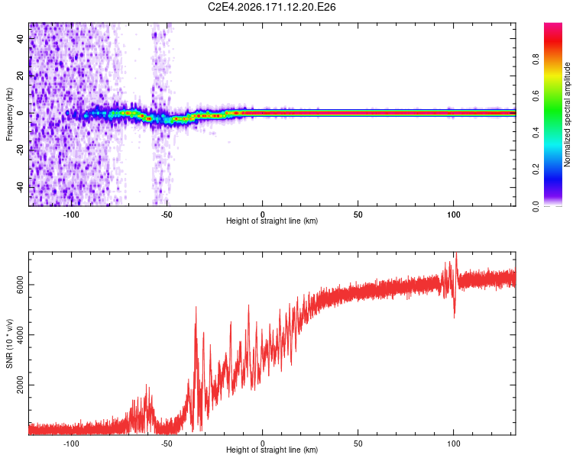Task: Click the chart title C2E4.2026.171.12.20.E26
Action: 271,7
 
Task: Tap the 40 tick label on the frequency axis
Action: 20,39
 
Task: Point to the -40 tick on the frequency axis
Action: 20,188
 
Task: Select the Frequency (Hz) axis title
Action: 9,114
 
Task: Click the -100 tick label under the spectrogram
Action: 71,214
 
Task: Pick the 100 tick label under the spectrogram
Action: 453,214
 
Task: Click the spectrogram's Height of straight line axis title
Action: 272,221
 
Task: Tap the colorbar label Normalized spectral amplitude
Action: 567,114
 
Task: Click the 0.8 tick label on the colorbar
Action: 536,60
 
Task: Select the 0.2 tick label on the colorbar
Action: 536,169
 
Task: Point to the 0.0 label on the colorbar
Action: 536,206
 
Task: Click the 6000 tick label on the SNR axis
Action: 20,285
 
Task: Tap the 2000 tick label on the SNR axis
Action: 20,385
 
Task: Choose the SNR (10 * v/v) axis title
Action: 9,343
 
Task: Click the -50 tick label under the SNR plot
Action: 167,443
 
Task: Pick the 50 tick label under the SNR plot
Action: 358,443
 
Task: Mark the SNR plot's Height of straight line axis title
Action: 272,450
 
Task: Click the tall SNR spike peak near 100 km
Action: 455,253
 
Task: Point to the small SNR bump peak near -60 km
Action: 147,385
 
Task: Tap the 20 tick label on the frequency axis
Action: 20,76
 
